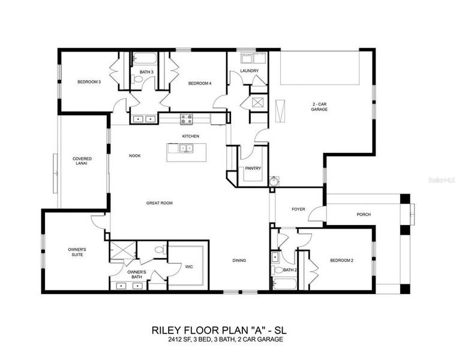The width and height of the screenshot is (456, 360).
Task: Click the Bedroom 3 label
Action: [88, 82]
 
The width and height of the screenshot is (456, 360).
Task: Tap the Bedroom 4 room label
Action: [199, 83]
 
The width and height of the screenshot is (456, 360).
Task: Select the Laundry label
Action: [249, 71]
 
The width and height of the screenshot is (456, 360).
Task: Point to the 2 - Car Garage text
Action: [319, 106]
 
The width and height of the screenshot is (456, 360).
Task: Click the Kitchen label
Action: [191, 136]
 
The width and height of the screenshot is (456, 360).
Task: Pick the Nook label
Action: [134, 156]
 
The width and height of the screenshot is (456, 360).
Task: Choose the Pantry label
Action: [253, 169]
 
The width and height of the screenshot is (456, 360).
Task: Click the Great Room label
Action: [160, 203]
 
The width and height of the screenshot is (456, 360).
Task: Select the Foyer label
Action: [298, 209]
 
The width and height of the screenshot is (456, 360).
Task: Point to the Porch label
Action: [364, 214]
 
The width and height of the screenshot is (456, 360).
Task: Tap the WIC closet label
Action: [188, 266]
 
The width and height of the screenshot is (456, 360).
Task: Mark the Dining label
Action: [239, 260]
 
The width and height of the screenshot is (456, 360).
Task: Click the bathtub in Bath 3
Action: [144, 59]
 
